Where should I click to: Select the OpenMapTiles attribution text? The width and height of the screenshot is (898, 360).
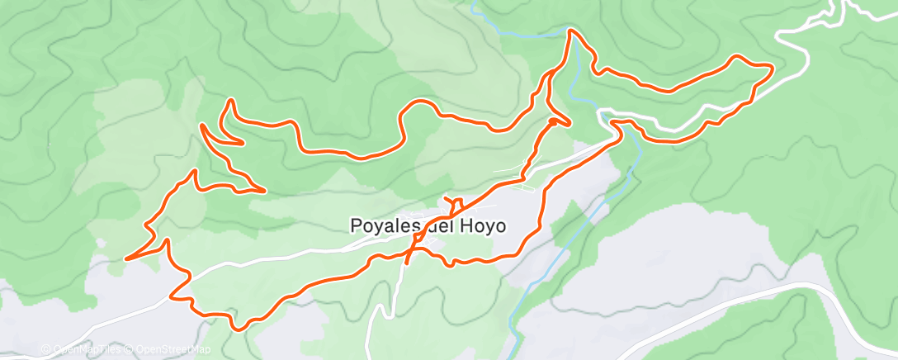pyautogui.click(x=87, y=350)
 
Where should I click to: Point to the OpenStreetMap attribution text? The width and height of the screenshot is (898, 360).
pyautogui.click(x=173, y=350)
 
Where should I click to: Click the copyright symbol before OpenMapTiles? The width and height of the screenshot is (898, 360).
pyautogui.click(x=46, y=350)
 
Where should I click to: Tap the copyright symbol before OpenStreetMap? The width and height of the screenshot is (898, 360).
pyautogui.click(x=130, y=350)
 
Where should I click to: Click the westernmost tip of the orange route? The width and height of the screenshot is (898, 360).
pyautogui.click(x=125, y=258)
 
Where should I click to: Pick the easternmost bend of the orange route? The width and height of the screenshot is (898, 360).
pyautogui.click(x=772, y=69)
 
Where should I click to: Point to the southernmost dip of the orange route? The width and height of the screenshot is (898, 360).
pyautogui.click(x=238, y=329)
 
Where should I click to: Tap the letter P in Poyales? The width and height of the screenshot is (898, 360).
pyautogui.click(x=357, y=225)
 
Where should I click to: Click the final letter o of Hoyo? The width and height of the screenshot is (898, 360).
pyautogui.click(x=499, y=225)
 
